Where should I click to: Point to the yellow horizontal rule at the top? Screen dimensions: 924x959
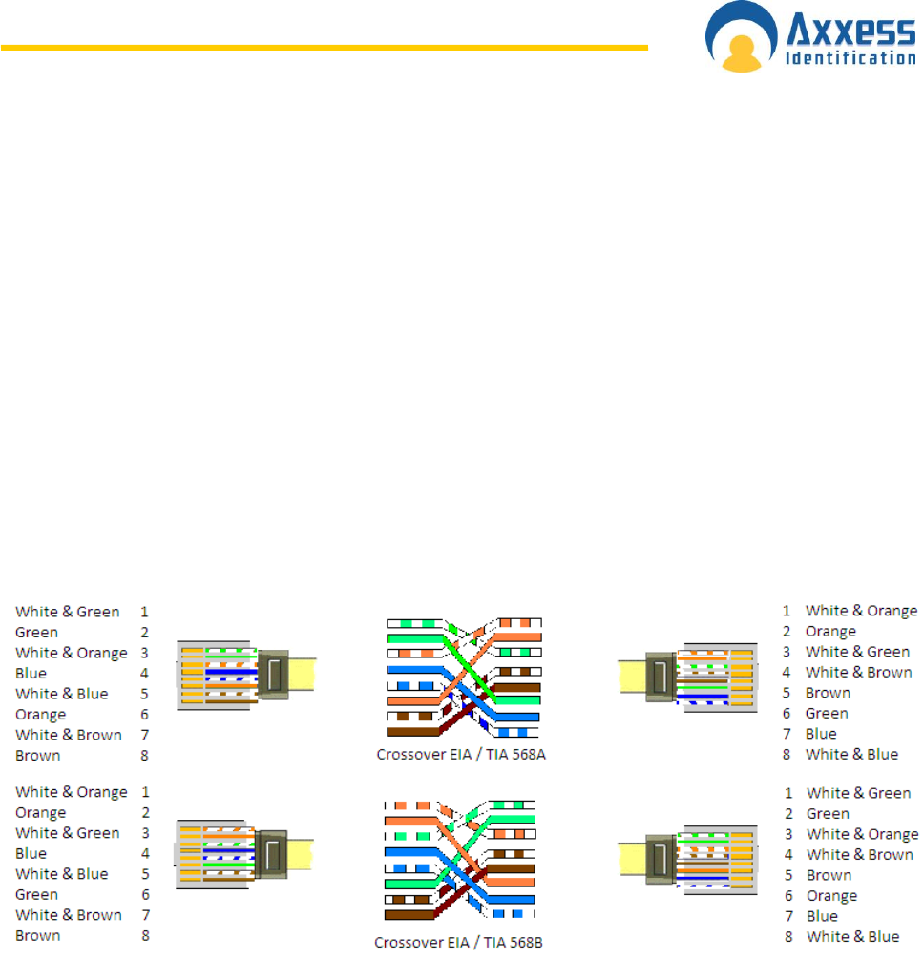click(324, 46)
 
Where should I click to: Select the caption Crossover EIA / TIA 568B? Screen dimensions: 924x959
click(459, 942)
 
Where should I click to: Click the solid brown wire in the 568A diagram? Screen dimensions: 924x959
click(410, 732)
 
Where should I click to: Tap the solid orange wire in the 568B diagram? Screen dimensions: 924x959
click(410, 820)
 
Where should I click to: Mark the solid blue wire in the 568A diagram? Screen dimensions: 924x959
click(410, 670)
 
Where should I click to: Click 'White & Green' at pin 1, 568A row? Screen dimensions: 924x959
click(67, 612)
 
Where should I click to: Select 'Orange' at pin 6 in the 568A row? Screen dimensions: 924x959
click(40, 715)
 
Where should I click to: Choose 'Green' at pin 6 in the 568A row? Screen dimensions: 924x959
click(826, 713)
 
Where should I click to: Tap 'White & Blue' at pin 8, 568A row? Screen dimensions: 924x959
click(851, 754)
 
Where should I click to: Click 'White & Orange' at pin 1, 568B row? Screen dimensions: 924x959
click(71, 792)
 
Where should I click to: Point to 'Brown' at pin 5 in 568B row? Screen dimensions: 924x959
click(829, 875)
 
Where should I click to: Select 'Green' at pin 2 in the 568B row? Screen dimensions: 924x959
click(827, 813)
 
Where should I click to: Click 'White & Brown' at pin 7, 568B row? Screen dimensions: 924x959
click(68, 915)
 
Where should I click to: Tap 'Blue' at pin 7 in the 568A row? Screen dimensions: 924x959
click(821, 734)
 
